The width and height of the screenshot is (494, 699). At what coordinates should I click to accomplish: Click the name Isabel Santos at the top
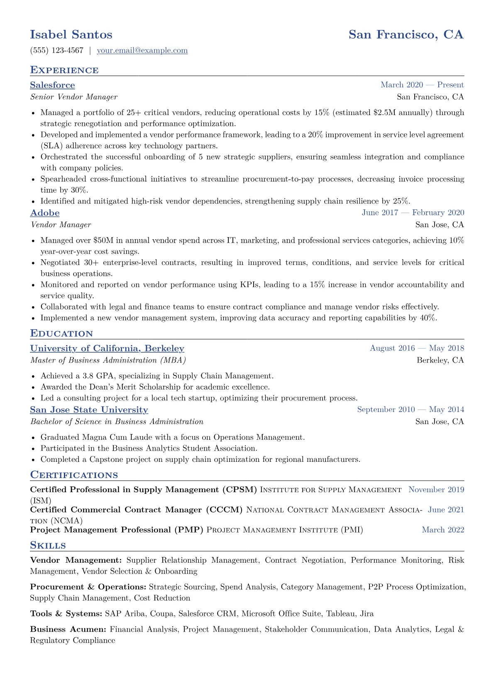coord(71,34)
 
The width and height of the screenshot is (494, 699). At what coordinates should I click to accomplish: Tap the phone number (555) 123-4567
coord(57,51)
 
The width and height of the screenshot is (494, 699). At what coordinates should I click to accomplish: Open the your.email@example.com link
coord(142,51)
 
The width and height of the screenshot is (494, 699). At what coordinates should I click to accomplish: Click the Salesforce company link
coord(52,85)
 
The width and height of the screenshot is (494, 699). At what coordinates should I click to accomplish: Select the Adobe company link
coord(45,213)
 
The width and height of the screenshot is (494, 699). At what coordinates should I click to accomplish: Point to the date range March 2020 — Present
coord(422,85)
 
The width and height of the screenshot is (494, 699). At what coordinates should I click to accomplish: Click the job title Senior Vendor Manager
coord(74,97)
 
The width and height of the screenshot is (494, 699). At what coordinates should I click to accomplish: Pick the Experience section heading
coord(64,70)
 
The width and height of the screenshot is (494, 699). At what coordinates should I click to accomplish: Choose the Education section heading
coord(61,334)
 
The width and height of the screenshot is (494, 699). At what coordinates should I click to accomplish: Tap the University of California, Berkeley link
coord(107,348)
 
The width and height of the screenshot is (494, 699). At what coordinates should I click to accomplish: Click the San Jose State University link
coord(89,410)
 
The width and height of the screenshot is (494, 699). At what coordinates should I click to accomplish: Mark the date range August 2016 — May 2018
coord(417,348)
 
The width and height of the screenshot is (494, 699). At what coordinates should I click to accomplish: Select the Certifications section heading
coord(74,475)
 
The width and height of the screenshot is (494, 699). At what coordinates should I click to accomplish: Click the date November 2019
coord(436,490)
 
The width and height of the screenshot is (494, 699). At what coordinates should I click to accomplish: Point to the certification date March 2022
coord(443,530)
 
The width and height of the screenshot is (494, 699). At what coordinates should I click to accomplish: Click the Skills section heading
coord(48,545)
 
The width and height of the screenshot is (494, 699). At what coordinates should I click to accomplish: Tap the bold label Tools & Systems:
coord(66,614)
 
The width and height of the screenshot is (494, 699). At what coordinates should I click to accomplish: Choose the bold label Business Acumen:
coord(68,630)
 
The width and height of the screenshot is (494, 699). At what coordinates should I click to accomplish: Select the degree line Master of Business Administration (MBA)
coord(108,361)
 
